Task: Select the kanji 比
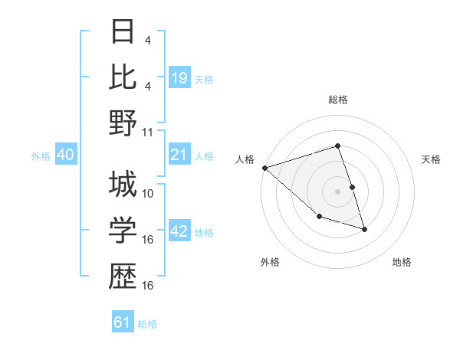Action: point(123,77)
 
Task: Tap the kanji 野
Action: point(123,123)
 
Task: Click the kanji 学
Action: point(123,230)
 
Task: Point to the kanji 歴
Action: point(123,276)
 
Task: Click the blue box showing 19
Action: point(179,77)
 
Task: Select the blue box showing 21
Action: point(179,155)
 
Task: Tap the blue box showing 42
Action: point(179,232)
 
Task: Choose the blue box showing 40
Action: point(65,155)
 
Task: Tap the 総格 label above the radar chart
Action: point(338,100)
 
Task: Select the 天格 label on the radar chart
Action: point(431,159)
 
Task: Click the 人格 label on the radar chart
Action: point(245,159)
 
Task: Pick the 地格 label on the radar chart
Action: point(402,262)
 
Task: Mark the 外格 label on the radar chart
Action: point(270,262)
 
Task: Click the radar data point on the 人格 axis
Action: point(264,168)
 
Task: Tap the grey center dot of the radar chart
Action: point(338,191)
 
